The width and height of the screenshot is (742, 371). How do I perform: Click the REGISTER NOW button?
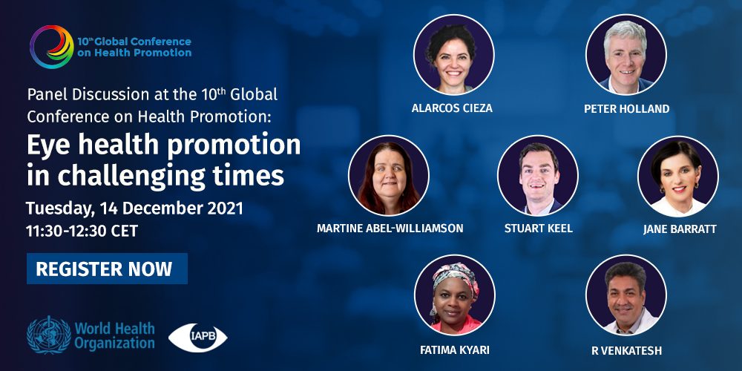(107, 269)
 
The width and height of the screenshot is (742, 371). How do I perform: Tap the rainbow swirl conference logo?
(52, 47)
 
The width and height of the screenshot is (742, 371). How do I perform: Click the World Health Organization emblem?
(49, 335)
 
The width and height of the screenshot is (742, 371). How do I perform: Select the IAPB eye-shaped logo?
(198, 338)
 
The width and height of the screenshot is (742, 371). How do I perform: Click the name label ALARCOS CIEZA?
(452, 108)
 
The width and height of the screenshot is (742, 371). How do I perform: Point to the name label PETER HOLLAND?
(626, 109)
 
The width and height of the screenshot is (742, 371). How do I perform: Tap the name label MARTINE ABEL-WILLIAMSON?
(390, 229)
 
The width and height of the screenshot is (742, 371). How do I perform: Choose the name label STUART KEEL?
(539, 229)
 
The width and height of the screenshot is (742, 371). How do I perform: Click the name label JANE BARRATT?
(680, 229)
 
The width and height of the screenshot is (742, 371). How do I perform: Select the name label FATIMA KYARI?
(454, 350)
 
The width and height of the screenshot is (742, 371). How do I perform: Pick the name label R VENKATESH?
(626, 351)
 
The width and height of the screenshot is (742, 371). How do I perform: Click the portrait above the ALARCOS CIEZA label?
(453, 55)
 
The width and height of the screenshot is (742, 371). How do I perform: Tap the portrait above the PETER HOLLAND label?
(626, 55)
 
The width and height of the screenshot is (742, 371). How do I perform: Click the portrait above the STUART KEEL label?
(538, 176)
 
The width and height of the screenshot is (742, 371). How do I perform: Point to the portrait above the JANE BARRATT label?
(678, 177)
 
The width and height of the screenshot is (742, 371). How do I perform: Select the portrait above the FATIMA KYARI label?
(454, 295)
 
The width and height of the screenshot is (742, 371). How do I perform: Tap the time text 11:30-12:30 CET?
(82, 231)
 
